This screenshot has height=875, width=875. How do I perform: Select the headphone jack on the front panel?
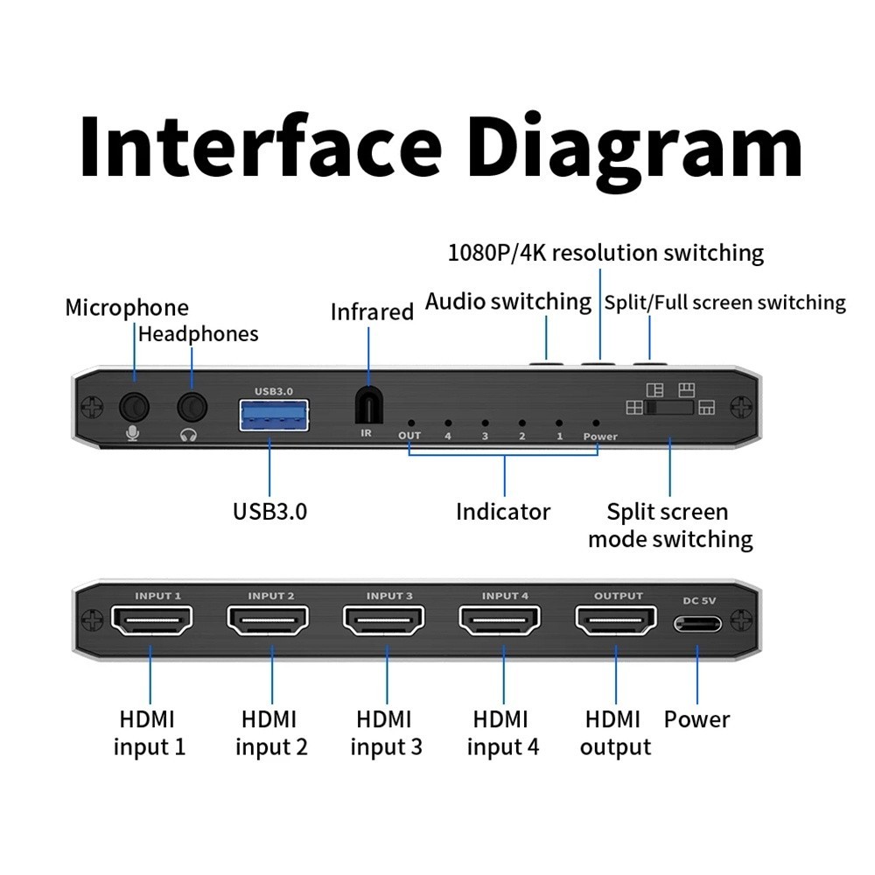(x=192, y=407)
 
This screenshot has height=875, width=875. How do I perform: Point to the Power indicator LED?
(x=597, y=422)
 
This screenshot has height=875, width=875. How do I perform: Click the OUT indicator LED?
(x=409, y=422)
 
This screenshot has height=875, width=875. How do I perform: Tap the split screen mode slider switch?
(x=670, y=408)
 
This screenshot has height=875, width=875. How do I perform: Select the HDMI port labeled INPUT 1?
(x=152, y=623)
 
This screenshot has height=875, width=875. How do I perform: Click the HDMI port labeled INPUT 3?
(x=384, y=623)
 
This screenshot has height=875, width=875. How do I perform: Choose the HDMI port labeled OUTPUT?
(x=616, y=623)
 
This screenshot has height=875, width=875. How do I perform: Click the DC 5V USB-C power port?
(x=697, y=624)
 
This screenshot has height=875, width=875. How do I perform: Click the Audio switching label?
(x=508, y=302)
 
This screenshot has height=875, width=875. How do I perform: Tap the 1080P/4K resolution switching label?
(x=605, y=253)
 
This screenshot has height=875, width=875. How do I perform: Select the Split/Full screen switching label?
(x=725, y=303)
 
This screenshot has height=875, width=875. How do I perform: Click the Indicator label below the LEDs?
(x=503, y=512)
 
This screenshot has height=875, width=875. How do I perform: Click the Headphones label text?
(x=199, y=334)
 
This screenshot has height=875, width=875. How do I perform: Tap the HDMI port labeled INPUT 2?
(x=269, y=623)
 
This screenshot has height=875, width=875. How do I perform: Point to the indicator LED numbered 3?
(x=484, y=422)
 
